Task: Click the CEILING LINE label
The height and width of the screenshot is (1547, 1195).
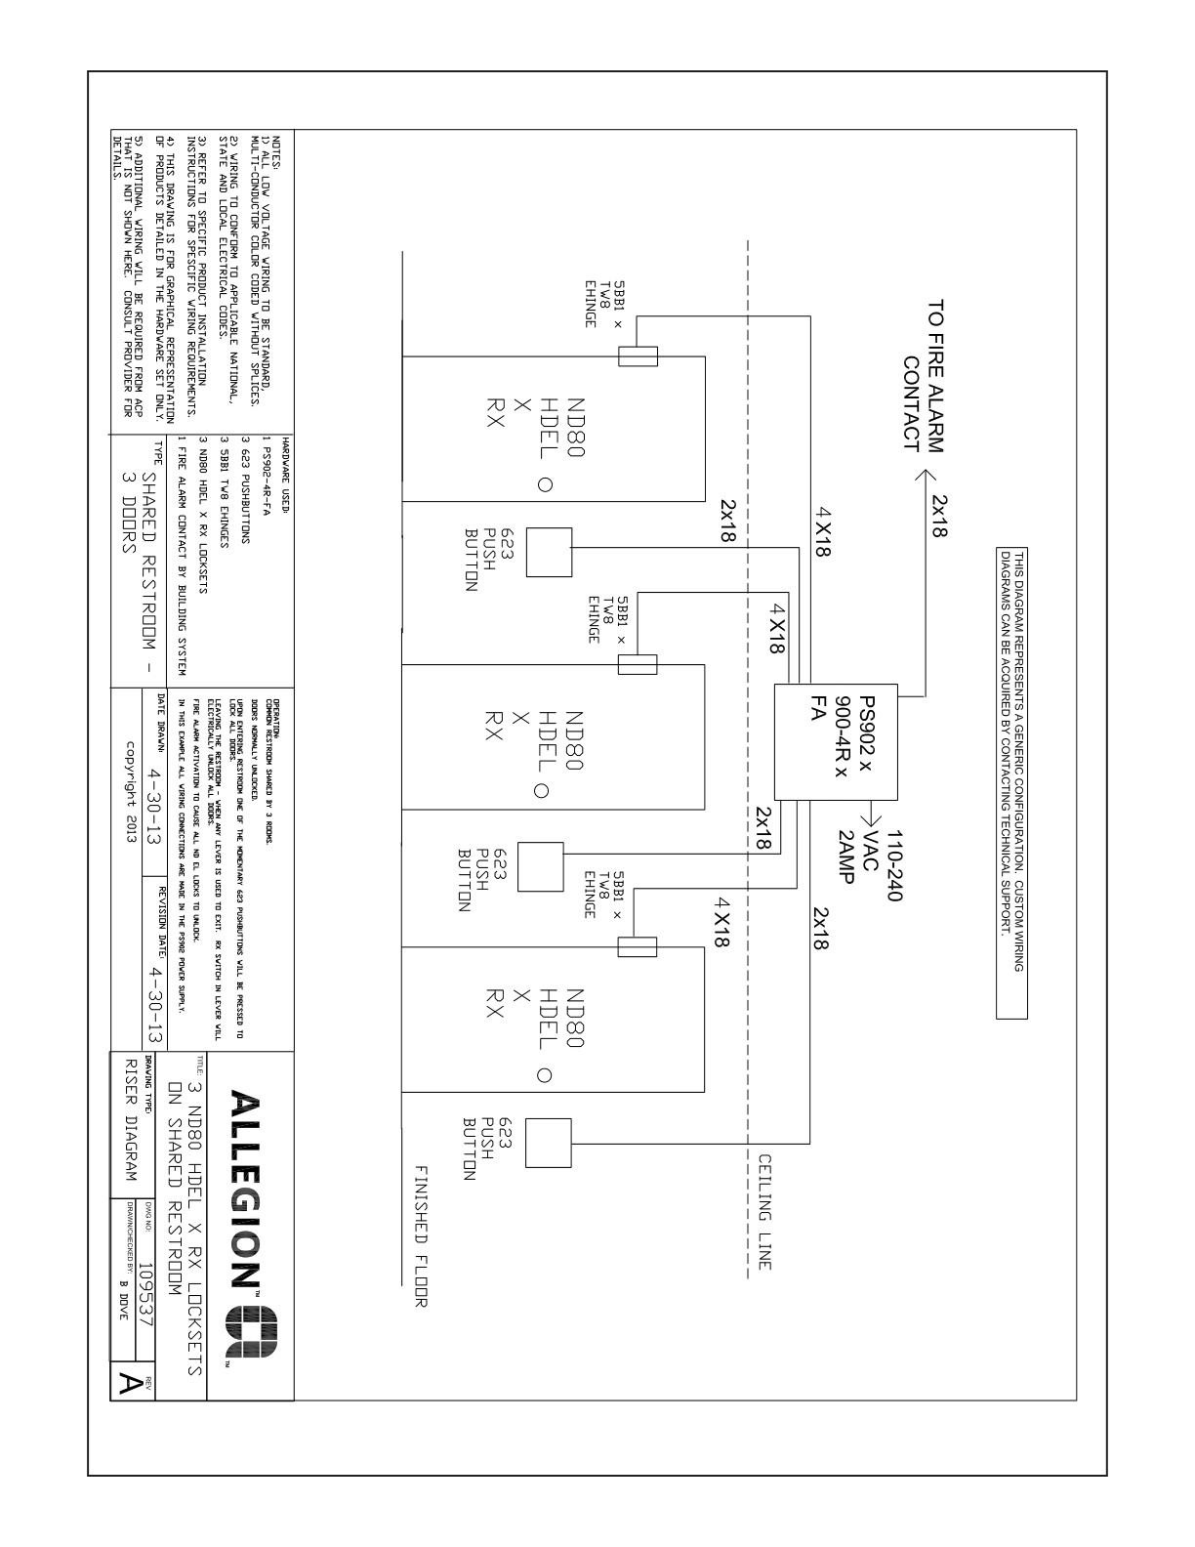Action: pos(764,1210)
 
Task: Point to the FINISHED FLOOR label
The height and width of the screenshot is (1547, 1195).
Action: pos(422,1234)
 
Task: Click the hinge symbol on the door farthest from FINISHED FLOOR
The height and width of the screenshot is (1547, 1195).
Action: pos(638,355)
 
